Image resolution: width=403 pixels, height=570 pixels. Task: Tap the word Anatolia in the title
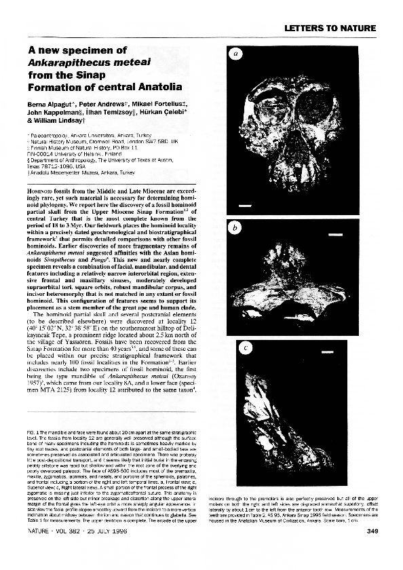pos(157,88)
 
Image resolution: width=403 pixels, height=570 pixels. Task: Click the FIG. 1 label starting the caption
pos(33,432)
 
